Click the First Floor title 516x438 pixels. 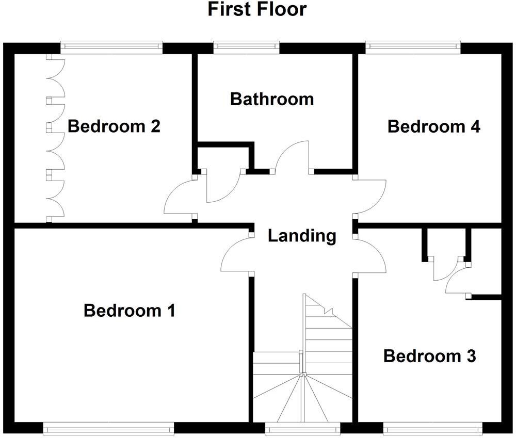[257, 9]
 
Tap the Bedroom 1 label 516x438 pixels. [130, 311]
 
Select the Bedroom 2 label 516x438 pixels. [114, 126]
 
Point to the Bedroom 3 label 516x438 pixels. [430, 356]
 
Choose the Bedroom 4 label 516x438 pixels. [434, 126]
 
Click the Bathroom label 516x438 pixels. [272, 99]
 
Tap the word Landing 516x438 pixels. [302, 236]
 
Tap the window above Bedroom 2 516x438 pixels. [111, 47]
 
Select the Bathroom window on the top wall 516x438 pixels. [247, 47]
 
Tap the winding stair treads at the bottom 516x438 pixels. [302, 397]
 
